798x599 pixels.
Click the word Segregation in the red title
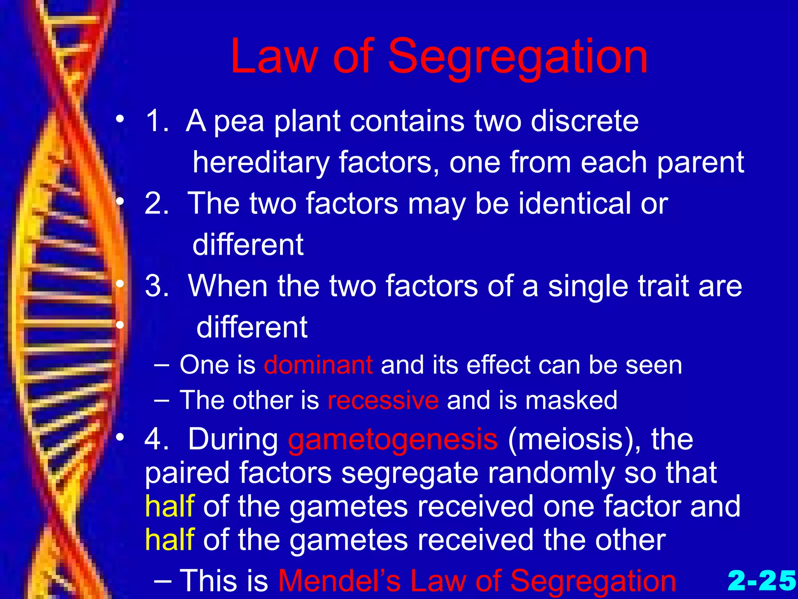(518, 58)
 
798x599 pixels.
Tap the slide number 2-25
(761, 580)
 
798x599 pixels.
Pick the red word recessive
(383, 400)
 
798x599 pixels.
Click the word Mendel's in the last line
(339, 581)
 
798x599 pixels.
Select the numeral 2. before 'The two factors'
(157, 204)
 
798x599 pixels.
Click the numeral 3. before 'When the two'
(157, 286)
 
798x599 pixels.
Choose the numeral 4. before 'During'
(157, 439)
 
